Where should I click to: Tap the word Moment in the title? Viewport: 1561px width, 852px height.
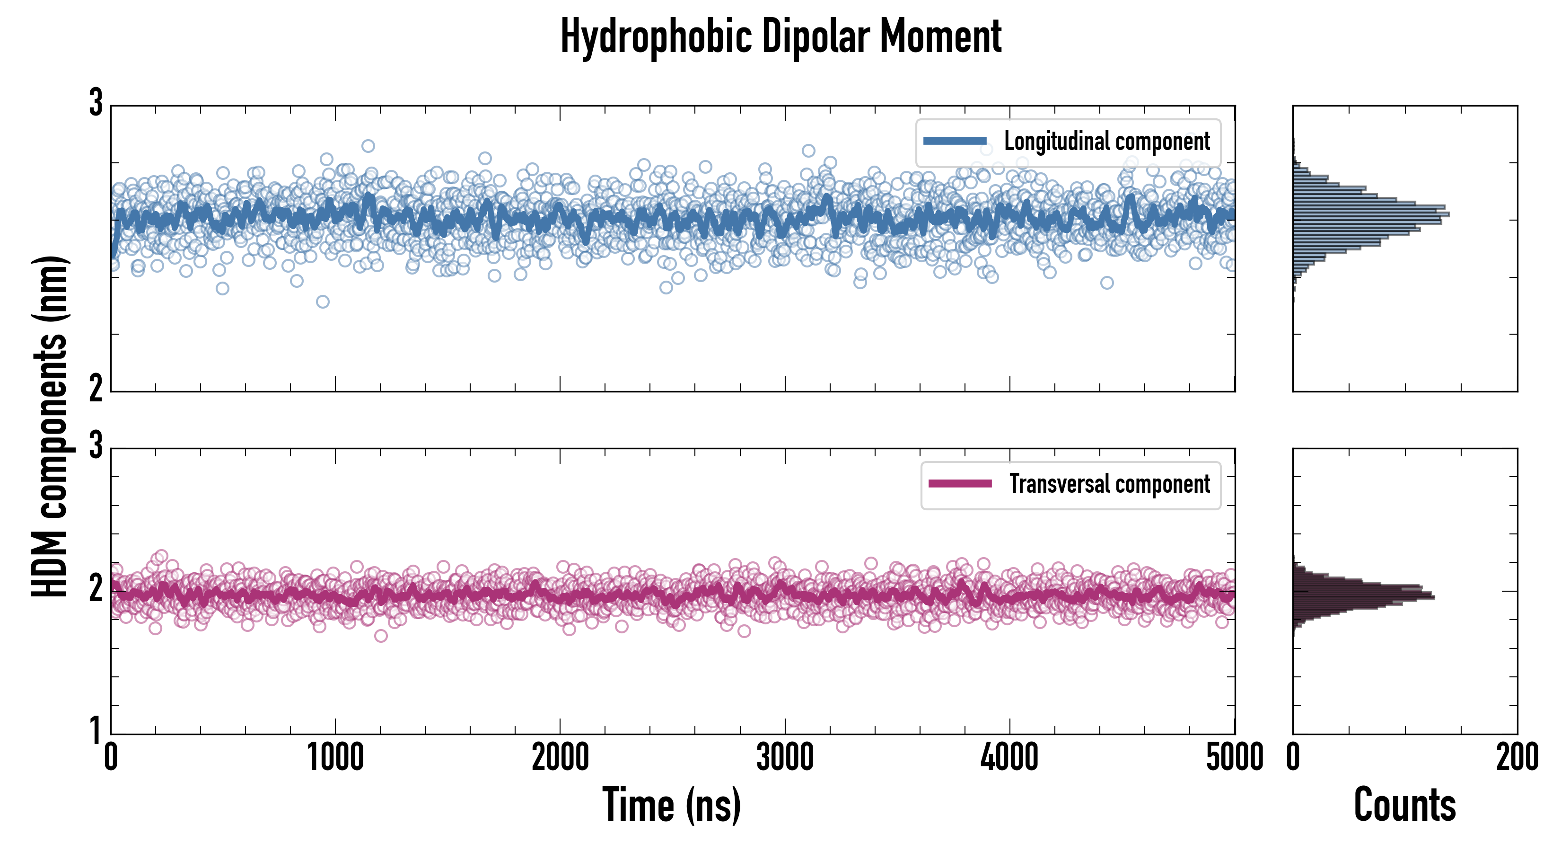pyautogui.click(x=940, y=36)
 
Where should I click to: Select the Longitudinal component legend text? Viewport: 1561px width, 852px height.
pyautogui.click(x=1106, y=142)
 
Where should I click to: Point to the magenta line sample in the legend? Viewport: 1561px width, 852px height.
pyautogui.click(x=960, y=484)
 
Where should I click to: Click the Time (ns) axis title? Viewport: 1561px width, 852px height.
pyautogui.click(x=671, y=805)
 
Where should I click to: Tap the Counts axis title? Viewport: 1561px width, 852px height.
pyautogui.click(x=1404, y=805)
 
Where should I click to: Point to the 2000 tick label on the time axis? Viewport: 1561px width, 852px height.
pyautogui.click(x=561, y=758)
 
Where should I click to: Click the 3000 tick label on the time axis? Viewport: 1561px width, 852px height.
pyautogui.click(x=785, y=758)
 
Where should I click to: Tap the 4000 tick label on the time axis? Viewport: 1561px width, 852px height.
pyautogui.click(x=1009, y=758)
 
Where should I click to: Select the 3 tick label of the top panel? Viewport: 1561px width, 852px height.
pyautogui.click(x=96, y=103)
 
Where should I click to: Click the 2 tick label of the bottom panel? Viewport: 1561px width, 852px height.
pyautogui.click(x=96, y=588)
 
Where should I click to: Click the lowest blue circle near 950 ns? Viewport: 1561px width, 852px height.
pyautogui.click(x=323, y=302)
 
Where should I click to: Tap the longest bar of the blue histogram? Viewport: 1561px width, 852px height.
pyautogui.click(x=1371, y=214)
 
